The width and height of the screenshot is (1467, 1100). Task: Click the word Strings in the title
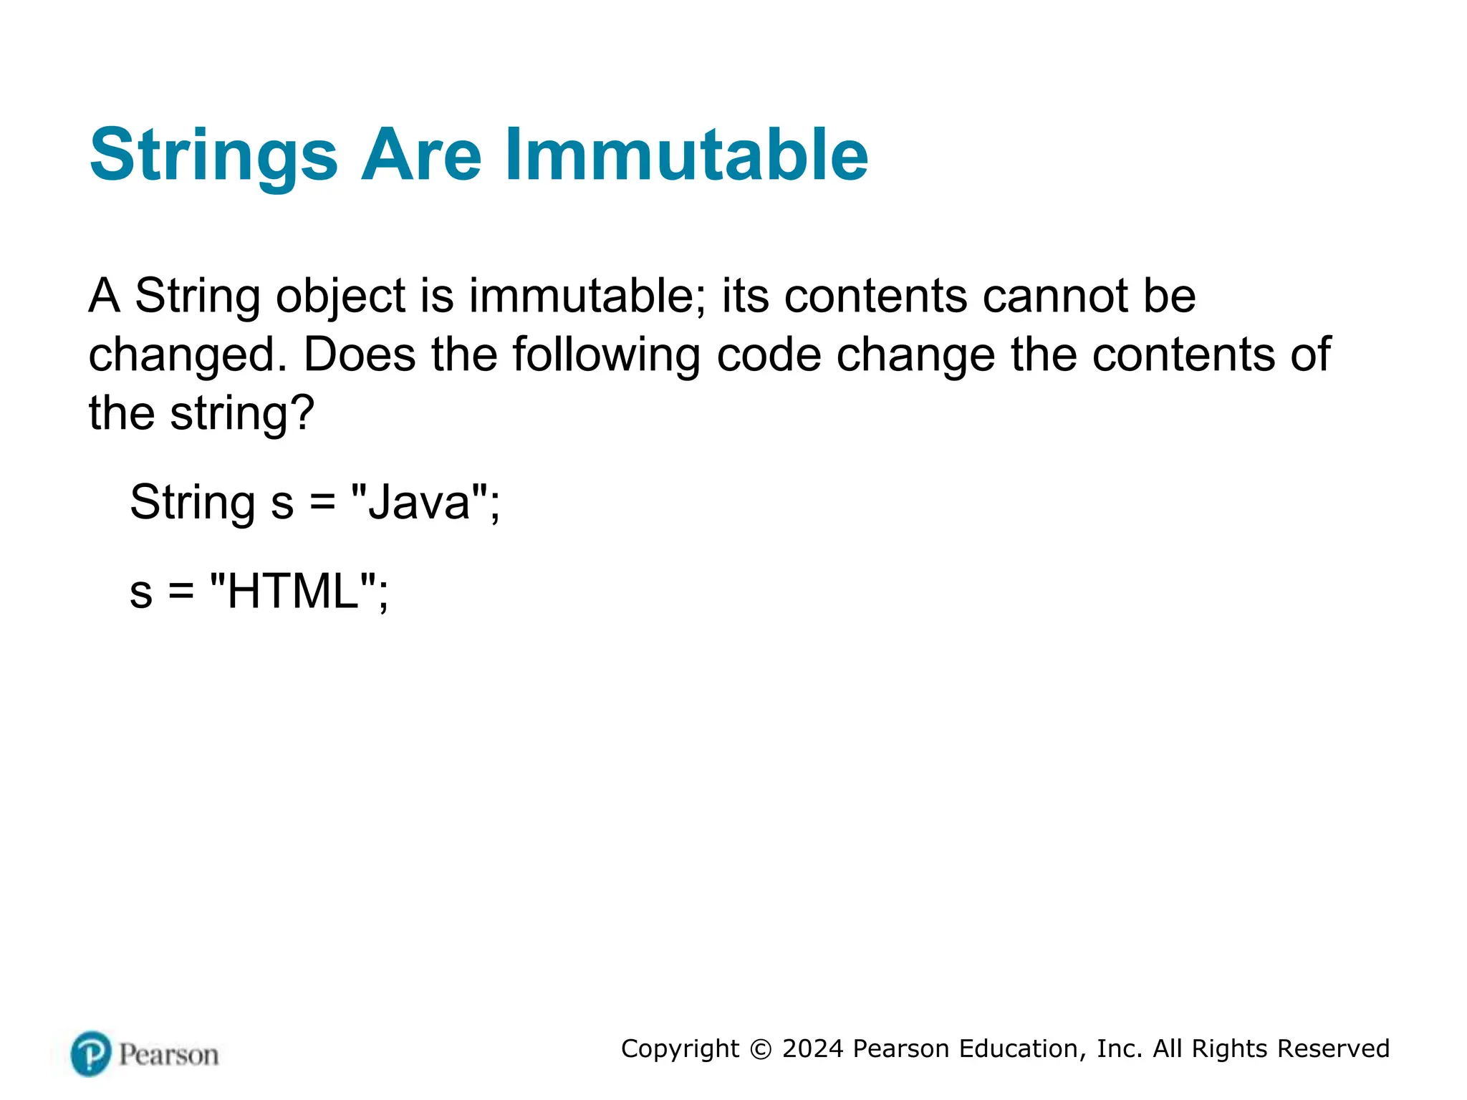pos(213,156)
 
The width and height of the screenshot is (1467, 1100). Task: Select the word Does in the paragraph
pos(359,354)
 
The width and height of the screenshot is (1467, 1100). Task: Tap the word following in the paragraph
pos(606,356)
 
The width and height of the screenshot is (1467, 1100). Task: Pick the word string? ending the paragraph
pos(242,414)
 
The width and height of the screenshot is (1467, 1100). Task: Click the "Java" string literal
pos(420,503)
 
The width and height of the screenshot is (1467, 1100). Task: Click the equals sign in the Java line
pos(322,503)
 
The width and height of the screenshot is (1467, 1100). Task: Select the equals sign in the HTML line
pos(181,592)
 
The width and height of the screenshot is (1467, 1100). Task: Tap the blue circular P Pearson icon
pos(91,1053)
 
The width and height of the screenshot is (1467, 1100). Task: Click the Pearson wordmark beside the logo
pos(169,1055)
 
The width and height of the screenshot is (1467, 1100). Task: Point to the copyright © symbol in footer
pos(761,1049)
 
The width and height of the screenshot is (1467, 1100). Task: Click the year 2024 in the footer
pos(812,1048)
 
